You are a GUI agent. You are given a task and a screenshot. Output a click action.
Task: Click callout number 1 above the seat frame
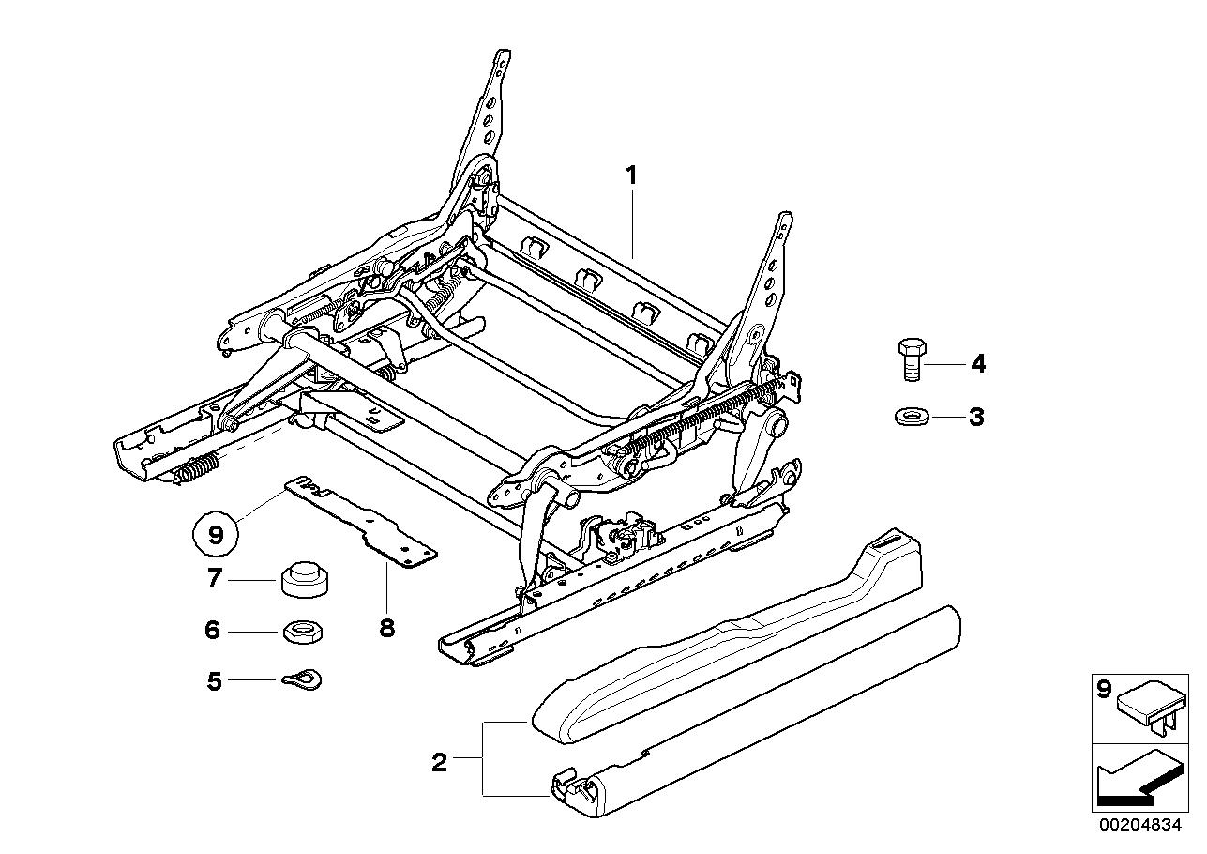pyautogui.click(x=632, y=175)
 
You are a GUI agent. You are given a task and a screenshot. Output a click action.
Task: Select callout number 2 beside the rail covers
pyautogui.click(x=439, y=762)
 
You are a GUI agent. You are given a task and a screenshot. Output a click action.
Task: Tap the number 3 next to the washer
pyautogui.click(x=976, y=417)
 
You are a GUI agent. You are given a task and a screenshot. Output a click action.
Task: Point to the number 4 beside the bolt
pyautogui.click(x=978, y=363)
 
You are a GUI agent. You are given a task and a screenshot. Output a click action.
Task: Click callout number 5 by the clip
pyautogui.click(x=215, y=681)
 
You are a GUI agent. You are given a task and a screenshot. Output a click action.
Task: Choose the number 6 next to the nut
pyautogui.click(x=213, y=630)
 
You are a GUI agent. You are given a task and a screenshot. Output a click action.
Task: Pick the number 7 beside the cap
pyautogui.click(x=214, y=578)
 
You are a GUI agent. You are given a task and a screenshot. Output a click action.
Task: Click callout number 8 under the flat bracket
pyautogui.click(x=386, y=627)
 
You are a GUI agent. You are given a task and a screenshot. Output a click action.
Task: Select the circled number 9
pyautogui.click(x=215, y=535)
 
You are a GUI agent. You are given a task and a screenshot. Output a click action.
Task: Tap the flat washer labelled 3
pyautogui.click(x=909, y=415)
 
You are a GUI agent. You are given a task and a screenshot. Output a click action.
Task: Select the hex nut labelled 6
pyautogui.click(x=301, y=630)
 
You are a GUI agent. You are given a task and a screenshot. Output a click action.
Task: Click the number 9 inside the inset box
pyautogui.click(x=1104, y=690)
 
